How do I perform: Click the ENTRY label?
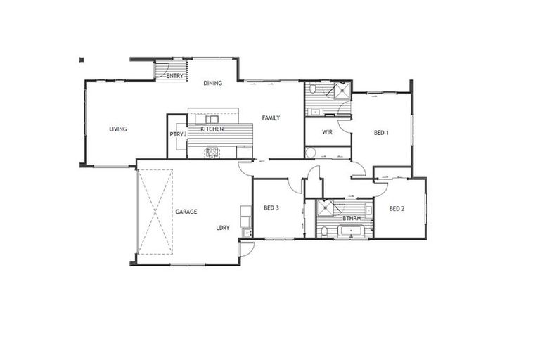tap(175, 76)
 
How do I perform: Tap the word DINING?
tap(213, 84)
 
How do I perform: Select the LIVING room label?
tap(118, 129)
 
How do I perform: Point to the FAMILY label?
tap(271, 118)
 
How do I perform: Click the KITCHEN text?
tap(212, 129)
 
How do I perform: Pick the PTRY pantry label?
tap(176, 134)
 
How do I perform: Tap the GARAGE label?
tap(186, 212)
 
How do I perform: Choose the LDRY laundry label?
tap(223, 228)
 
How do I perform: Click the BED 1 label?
tap(381, 133)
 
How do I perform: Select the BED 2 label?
tap(397, 208)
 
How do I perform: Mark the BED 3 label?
tap(271, 208)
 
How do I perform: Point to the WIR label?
tap(327, 132)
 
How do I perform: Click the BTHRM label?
tap(352, 219)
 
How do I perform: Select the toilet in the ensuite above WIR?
tap(311, 90)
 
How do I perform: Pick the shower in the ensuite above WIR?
tap(341, 91)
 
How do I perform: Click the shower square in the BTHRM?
tap(325, 208)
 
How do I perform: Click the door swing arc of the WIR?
tap(344, 125)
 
